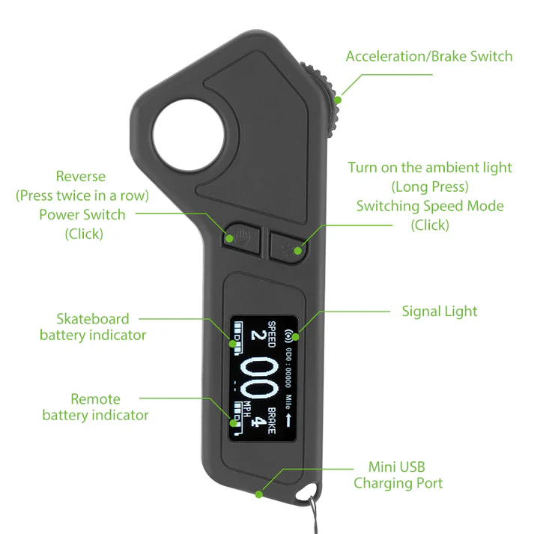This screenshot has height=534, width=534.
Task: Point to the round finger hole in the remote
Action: click(188, 135)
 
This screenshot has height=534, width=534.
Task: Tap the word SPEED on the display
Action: click(271, 334)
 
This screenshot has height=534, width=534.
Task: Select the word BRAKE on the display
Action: click(271, 421)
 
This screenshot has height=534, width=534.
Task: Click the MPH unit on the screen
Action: click(247, 410)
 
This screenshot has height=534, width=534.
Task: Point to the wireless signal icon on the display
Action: click(289, 336)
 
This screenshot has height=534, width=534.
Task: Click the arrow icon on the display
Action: click(288, 420)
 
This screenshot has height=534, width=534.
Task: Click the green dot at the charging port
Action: click(259, 494)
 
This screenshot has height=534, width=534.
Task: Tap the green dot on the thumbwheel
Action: click(338, 100)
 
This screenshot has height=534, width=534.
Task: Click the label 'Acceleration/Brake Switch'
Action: click(429, 56)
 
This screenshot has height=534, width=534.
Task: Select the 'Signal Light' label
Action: click(440, 312)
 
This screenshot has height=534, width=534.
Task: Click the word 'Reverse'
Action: click(81, 177)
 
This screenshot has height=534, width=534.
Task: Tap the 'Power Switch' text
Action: click(82, 215)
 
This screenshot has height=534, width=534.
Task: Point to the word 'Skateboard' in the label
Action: click(93, 319)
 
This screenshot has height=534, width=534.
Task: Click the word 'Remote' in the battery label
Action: click(95, 399)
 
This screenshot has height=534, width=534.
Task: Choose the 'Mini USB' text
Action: click(397, 467)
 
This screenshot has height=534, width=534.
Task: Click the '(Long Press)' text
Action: click(430, 187)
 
